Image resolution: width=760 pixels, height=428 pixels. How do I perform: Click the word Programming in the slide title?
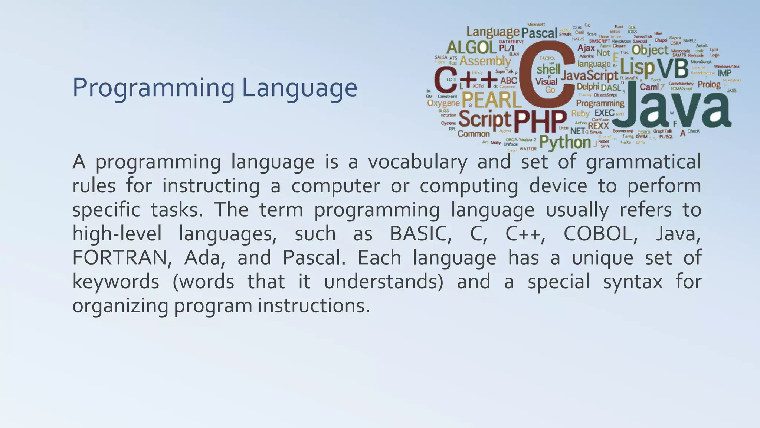[153, 88]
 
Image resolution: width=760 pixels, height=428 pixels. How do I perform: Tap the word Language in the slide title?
[299, 88]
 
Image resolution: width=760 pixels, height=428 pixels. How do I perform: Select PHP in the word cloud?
[540, 121]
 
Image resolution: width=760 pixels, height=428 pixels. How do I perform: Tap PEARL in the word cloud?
[491, 100]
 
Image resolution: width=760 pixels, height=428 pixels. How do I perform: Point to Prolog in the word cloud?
[709, 84]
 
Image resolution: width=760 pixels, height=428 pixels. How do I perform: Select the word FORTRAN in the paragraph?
[119, 258]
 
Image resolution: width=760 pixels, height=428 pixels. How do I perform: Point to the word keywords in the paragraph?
[115, 282]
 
